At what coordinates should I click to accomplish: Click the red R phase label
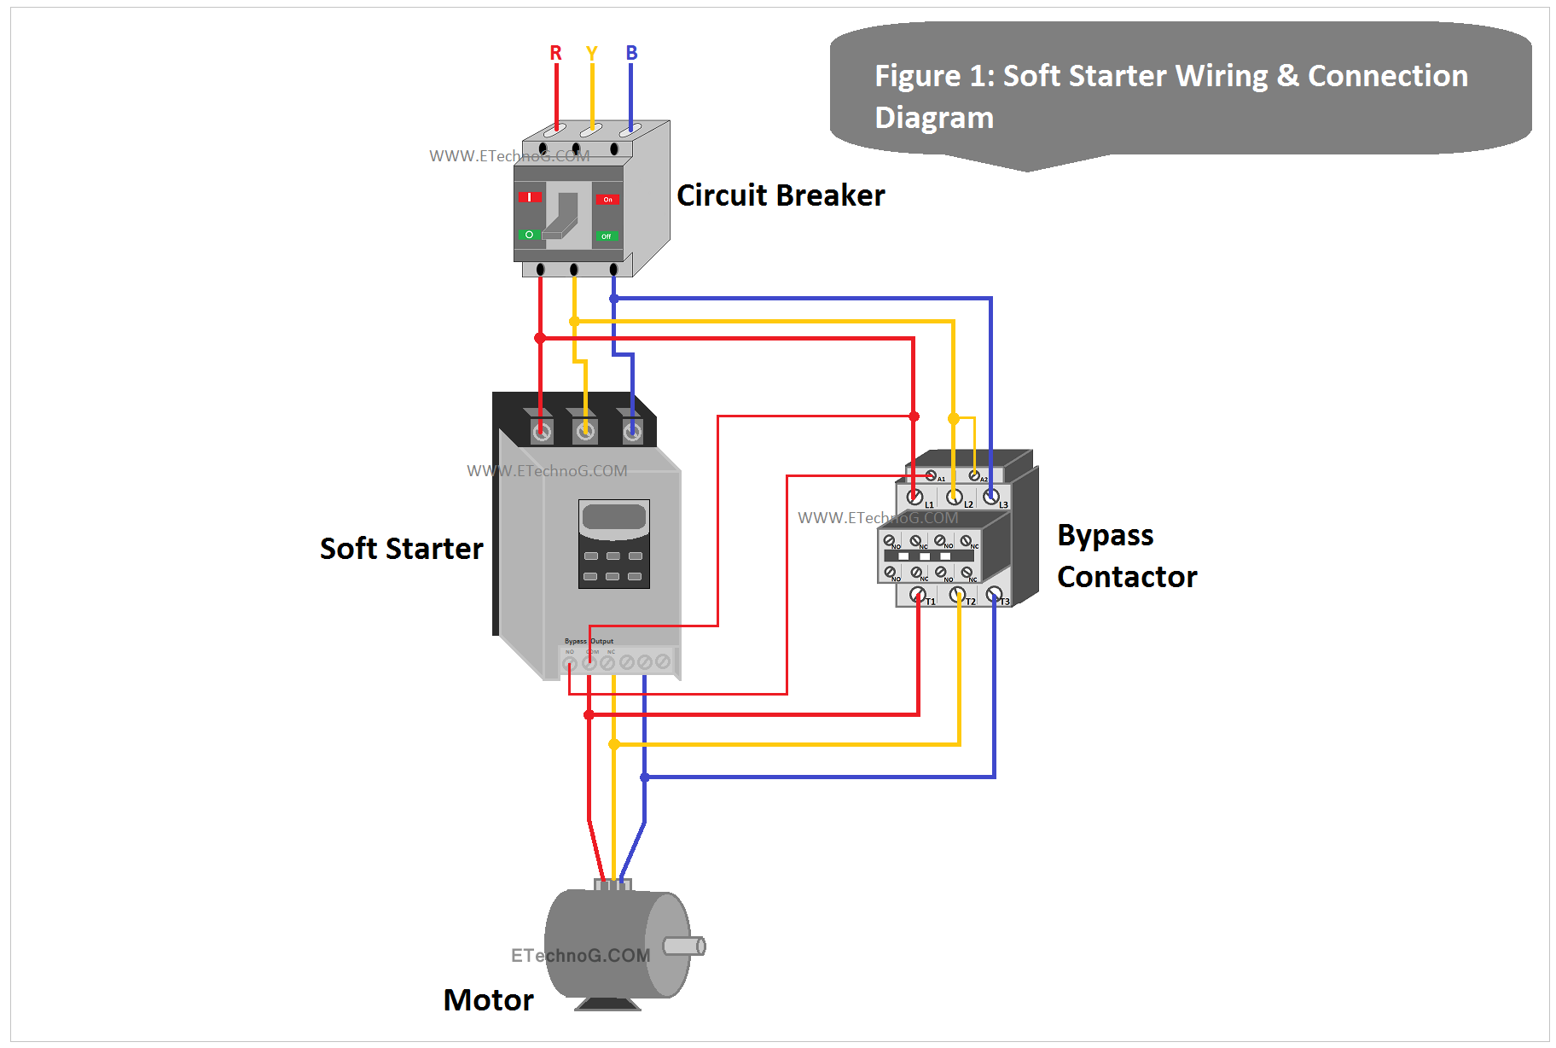(x=555, y=53)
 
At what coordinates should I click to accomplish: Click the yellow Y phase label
(x=592, y=53)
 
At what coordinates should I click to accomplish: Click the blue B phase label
(x=631, y=53)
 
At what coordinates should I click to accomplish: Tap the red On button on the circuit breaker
(x=607, y=199)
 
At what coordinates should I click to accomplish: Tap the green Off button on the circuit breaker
(x=607, y=236)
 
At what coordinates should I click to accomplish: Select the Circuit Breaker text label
(x=781, y=195)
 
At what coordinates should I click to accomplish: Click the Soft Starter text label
(x=401, y=548)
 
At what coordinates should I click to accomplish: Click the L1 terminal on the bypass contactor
(x=914, y=497)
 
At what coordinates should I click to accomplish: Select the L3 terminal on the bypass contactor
(x=990, y=496)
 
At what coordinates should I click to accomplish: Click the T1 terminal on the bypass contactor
(x=918, y=594)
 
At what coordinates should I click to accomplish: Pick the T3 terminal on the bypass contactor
(x=994, y=594)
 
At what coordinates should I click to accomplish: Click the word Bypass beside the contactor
(x=1105, y=535)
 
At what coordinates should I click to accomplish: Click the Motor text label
(x=488, y=999)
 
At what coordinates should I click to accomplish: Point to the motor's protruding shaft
(x=684, y=946)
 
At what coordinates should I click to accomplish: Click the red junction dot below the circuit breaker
(x=540, y=338)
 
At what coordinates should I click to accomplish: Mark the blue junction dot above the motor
(x=645, y=777)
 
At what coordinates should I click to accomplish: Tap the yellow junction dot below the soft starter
(x=613, y=744)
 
